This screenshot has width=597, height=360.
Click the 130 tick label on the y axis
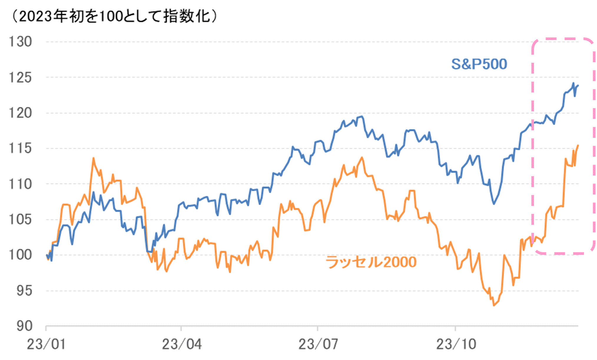tap(20, 42)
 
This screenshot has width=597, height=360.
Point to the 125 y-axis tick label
tap(20, 77)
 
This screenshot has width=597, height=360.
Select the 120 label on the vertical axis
tap(20, 113)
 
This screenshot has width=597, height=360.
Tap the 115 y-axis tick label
tap(20, 148)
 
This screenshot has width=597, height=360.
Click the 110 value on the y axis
tap(20, 184)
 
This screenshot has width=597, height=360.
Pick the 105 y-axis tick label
tap(20, 219)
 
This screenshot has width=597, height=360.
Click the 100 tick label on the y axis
tap(20, 255)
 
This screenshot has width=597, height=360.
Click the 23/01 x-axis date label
tap(46, 344)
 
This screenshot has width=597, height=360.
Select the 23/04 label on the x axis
tap(182, 344)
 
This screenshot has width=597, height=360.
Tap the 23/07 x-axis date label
tap(318, 344)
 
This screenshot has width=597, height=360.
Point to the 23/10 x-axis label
tap(456, 344)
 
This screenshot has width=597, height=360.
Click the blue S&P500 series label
tap(479, 64)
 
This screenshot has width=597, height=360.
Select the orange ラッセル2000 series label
tap(371, 262)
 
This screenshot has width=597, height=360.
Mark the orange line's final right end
tap(578, 145)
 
